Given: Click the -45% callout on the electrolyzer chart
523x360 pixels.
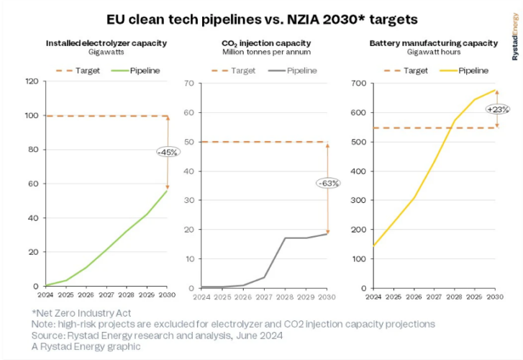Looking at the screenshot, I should pyautogui.click(x=167, y=152).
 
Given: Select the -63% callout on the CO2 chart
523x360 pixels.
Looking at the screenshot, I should pyautogui.click(x=328, y=183).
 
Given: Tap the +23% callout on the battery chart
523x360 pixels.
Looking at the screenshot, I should pyautogui.click(x=498, y=109).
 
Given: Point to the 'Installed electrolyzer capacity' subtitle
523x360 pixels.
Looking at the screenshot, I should pyautogui.click(x=106, y=43).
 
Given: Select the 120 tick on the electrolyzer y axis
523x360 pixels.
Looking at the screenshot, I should pyautogui.click(x=31, y=81).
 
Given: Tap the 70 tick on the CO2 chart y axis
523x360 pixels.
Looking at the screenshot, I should pyautogui.click(x=189, y=83).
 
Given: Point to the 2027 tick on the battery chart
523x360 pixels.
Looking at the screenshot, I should pyautogui.click(x=434, y=297).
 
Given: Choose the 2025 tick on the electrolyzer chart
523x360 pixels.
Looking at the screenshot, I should pyautogui.click(x=66, y=294).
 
